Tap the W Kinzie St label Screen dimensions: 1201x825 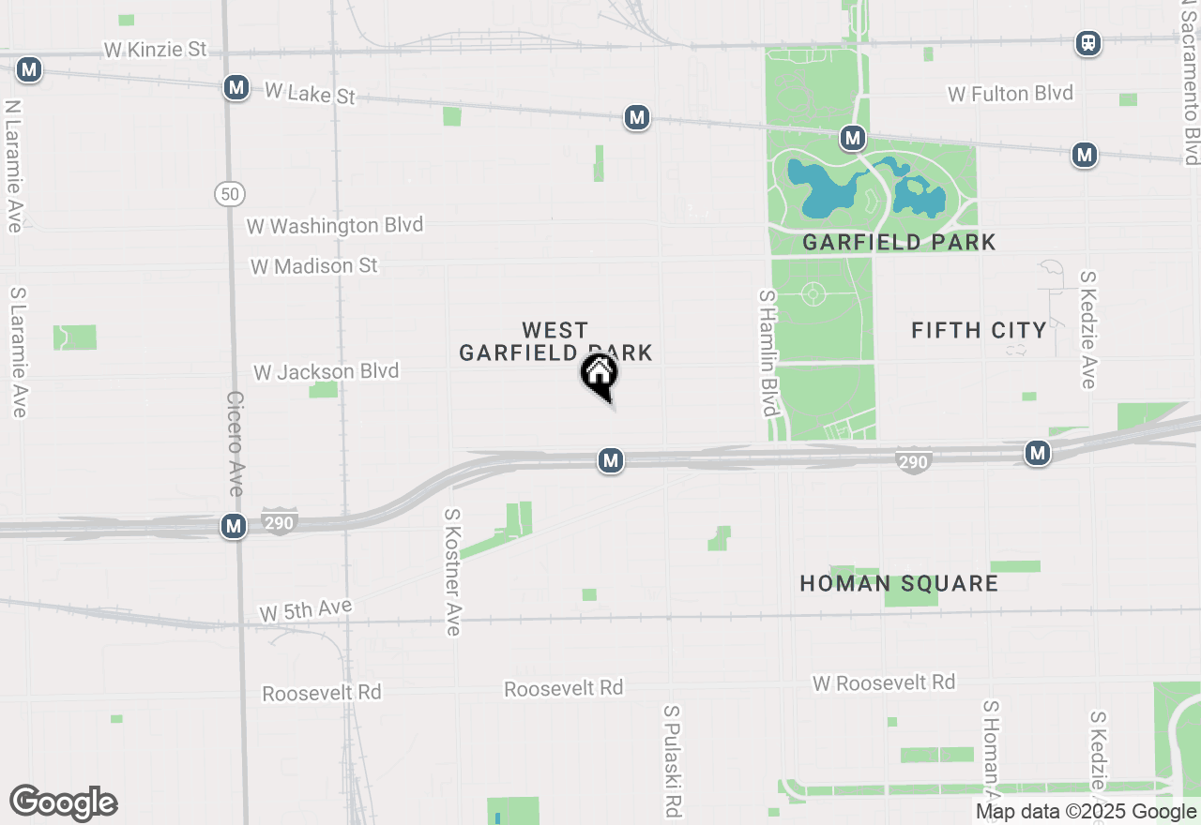tap(155, 50)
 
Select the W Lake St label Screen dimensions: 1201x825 tap(311, 93)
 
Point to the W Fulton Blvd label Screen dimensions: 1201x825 tap(1010, 94)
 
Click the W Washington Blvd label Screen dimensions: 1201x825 tap(334, 226)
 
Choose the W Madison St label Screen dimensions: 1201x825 tap(313, 266)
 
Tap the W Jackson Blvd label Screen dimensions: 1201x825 tap(326, 372)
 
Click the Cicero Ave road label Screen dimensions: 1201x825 tap(235, 443)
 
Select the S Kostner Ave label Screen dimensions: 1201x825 tap(453, 572)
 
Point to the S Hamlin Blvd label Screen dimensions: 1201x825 tap(768, 352)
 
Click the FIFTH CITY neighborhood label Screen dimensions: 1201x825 tap(979, 330)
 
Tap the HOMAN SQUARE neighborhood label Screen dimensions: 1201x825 tap(898, 583)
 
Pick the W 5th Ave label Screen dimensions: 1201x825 tap(305, 611)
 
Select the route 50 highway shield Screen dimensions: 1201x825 tap(229, 194)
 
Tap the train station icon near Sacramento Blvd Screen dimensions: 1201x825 tap(1088, 43)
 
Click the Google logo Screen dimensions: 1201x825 tap(64, 802)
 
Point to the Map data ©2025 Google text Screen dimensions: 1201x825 tap(1087, 812)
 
